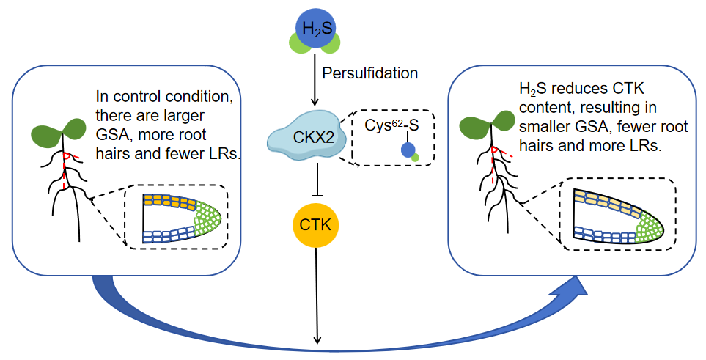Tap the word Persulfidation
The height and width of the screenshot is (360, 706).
tap(370, 73)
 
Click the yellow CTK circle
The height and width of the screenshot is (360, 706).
tap(316, 225)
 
